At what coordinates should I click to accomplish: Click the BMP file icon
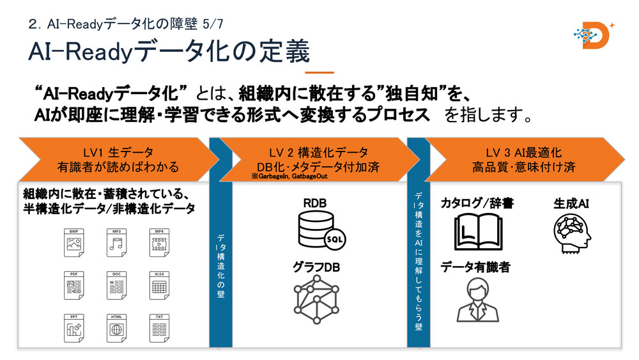(75, 239)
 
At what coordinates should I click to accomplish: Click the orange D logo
(592, 37)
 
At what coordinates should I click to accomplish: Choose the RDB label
(315, 203)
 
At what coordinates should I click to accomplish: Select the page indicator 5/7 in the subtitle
(212, 24)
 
